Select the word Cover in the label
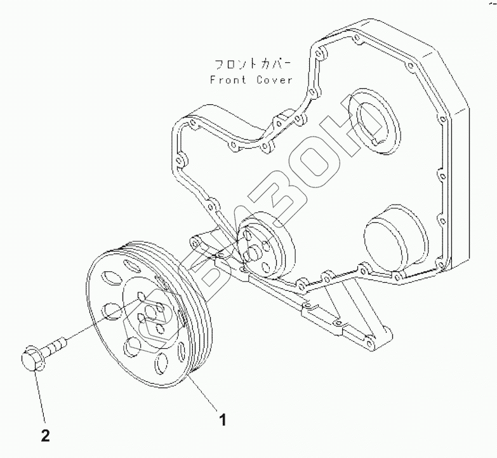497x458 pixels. tap(275, 81)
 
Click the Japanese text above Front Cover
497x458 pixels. tap(252, 64)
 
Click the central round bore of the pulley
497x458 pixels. tap(152, 311)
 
